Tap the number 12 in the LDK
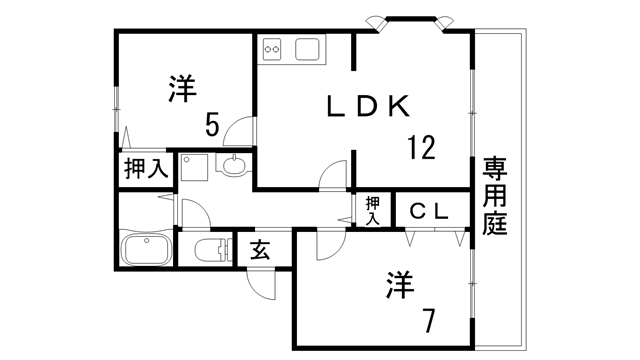(421, 148)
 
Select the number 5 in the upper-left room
(213, 124)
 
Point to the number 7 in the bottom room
(428, 322)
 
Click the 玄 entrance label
(259, 249)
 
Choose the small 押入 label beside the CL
(372, 210)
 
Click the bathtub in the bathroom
(146, 249)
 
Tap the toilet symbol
(209, 250)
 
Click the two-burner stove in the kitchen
(275, 48)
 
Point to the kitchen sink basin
(308, 48)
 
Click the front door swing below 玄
(262, 284)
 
